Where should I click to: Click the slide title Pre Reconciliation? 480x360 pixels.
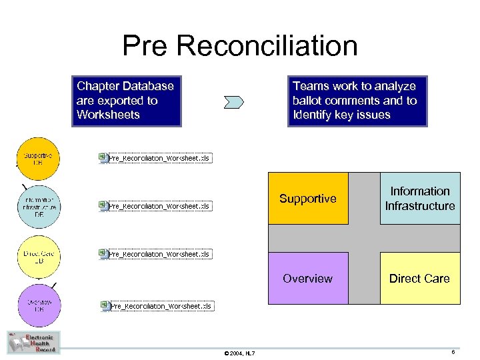point(240,46)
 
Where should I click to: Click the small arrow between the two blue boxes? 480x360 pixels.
point(235,102)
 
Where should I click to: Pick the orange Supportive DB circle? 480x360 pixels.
point(38,158)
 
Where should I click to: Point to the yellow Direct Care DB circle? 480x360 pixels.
point(38,255)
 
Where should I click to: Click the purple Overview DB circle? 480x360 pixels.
point(39,305)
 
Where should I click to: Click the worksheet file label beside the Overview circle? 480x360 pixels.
point(161,306)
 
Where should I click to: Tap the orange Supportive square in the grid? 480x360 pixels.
point(308,199)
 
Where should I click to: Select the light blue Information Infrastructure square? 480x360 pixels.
point(420,199)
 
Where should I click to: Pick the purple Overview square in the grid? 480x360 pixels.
point(308,279)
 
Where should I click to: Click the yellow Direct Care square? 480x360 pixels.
point(420,279)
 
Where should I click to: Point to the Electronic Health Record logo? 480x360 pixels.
point(33,342)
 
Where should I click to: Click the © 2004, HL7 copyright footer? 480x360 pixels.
point(239,353)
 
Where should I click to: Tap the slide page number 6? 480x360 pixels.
point(453,352)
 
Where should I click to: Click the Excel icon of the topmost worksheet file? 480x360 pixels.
point(103,157)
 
